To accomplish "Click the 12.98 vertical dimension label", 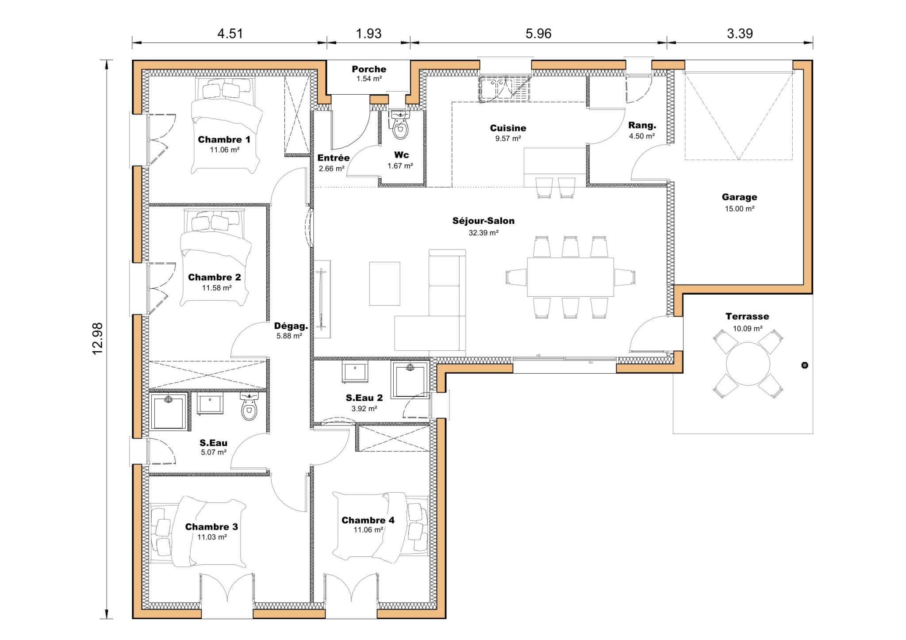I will (x=97, y=338).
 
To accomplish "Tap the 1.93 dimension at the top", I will (x=369, y=34).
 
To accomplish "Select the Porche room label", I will (x=369, y=69).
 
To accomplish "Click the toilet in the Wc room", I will (x=400, y=126).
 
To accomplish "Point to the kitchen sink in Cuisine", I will (x=497, y=88).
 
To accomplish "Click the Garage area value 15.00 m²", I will (x=739, y=209).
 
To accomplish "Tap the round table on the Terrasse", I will (x=748, y=364).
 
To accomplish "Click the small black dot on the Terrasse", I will (x=805, y=365).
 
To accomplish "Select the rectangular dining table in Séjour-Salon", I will (x=570, y=277).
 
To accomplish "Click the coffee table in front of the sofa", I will (x=384, y=284).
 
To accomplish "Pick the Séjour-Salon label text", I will (x=483, y=221).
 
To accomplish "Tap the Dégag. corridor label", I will (x=291, y=326).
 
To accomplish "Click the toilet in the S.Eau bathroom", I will (x=250, y=407).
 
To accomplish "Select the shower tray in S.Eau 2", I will (x=410, y=379).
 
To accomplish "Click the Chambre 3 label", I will (x=211, y=527).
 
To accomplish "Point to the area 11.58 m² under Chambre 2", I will (x=217, y=288).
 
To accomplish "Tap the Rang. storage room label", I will (x=642, y=126).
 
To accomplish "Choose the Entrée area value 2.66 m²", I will (x=331, y=169).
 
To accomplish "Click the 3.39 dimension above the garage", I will (x=740, y=34).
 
